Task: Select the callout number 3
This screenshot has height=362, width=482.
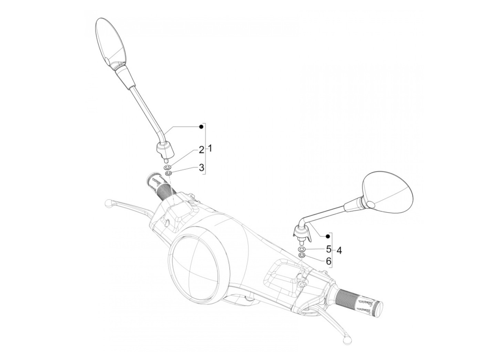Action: (x=201, y=168)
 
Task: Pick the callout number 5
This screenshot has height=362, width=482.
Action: (x=328, y=248)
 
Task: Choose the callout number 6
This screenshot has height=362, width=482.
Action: (x=328, y=261)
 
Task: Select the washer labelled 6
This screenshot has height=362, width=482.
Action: (x=301, y=255)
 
